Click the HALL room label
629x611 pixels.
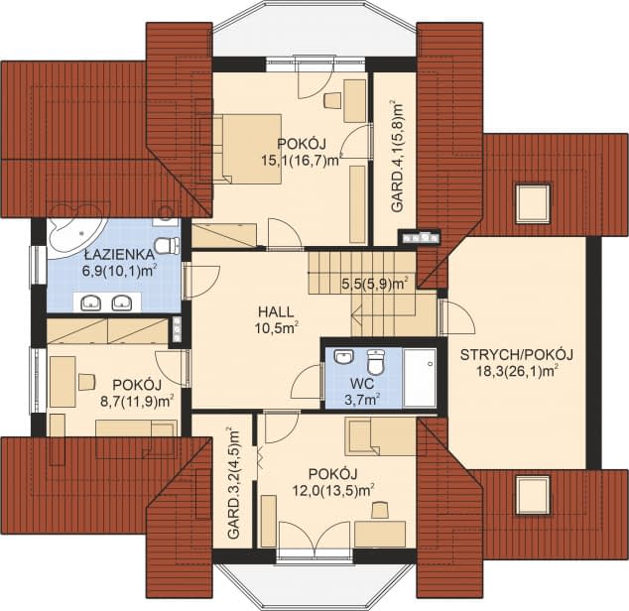276,311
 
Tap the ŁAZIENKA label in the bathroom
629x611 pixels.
119,254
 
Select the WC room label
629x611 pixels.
362,384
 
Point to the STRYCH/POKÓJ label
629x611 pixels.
516,355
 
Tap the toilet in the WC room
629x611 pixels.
375,361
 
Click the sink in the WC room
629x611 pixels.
343,357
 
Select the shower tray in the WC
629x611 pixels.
420,378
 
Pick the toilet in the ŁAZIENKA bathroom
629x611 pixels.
166,246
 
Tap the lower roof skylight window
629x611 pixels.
533,494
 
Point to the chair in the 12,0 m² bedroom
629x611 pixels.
380,510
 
